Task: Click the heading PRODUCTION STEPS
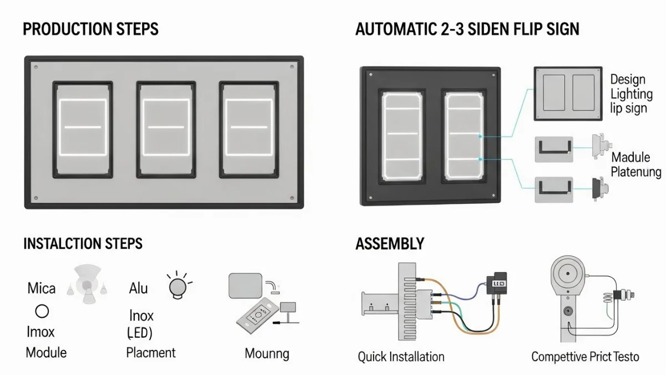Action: pos(90,29)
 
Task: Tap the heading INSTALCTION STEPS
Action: pos(83,243)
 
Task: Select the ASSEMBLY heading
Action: pos(390,243)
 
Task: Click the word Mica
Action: pos(42,288)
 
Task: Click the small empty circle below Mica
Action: pos(42,311)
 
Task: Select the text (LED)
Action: pos(139,333)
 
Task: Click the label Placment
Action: pos(151,352)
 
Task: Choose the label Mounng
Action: pos(267,353)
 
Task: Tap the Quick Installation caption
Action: pos(401,357)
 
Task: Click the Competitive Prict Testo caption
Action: pos(585,357)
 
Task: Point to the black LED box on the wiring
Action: pos(496,283)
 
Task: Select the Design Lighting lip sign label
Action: pos(631,94)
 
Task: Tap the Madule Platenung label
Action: pos(636,165)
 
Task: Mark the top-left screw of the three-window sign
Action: pos(36,67)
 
